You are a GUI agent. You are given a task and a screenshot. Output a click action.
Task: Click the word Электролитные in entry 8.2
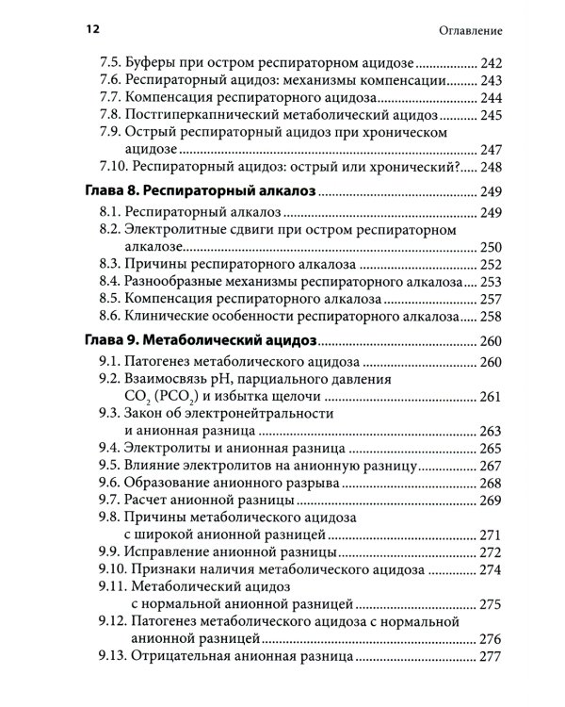[191, 230]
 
